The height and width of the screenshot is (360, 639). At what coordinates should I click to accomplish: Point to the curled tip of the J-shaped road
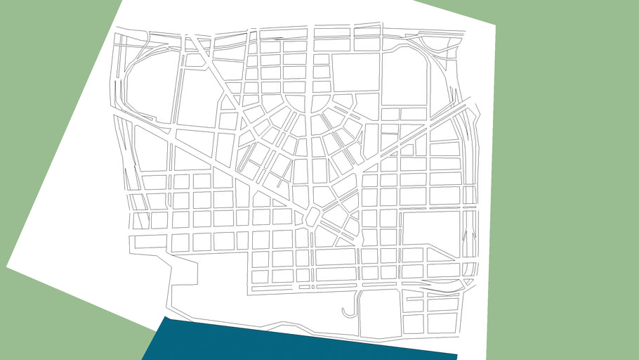[343, 309]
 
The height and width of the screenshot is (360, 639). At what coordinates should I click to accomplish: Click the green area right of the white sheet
[562, 176]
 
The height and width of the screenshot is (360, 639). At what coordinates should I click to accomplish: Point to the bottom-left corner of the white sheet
[7, 266]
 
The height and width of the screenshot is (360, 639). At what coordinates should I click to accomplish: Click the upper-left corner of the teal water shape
[165, 317]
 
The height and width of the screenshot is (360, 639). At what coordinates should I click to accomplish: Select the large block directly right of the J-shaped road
[379, 313]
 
